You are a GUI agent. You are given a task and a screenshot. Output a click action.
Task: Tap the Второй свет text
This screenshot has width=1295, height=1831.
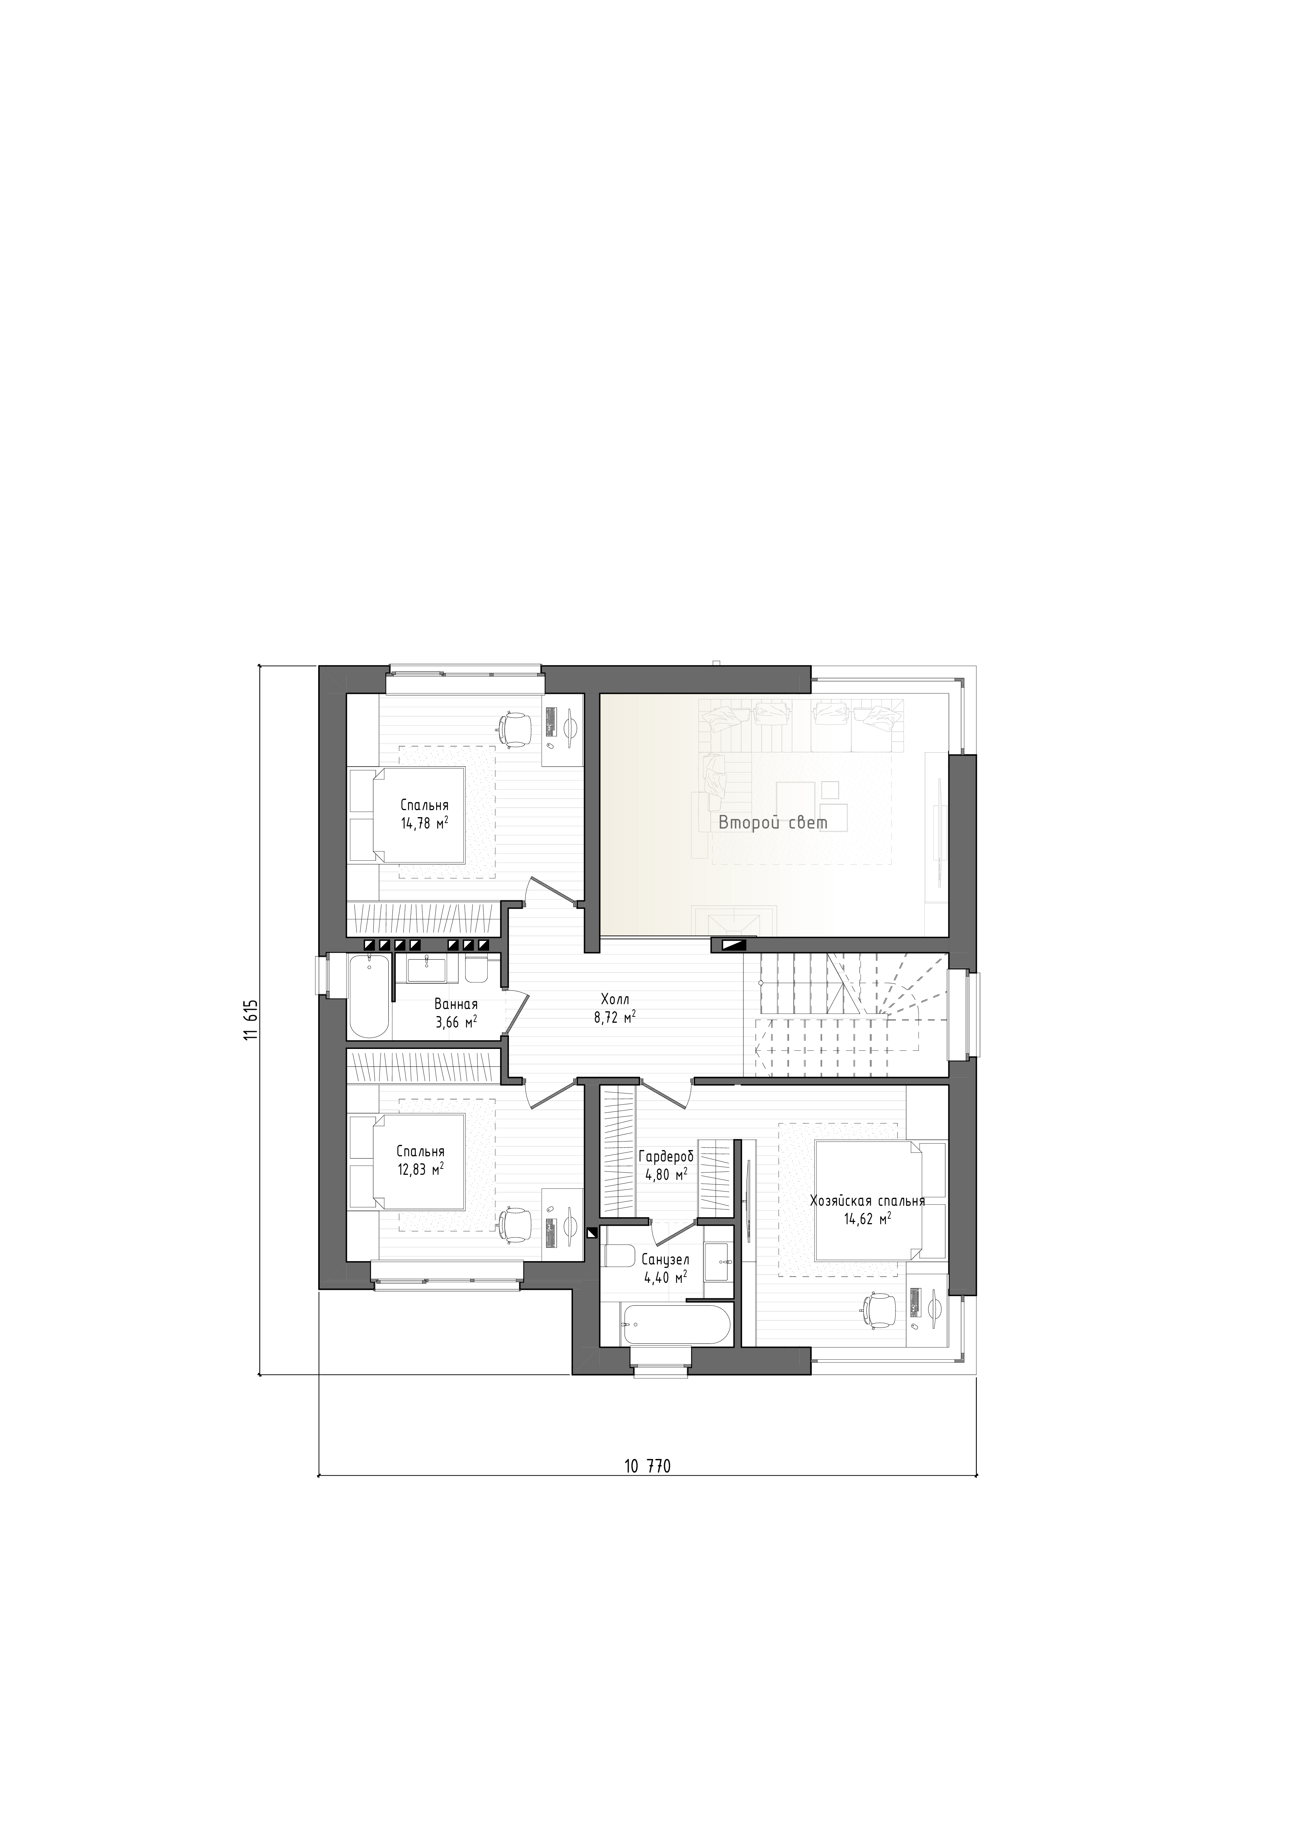tap(773, 823)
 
